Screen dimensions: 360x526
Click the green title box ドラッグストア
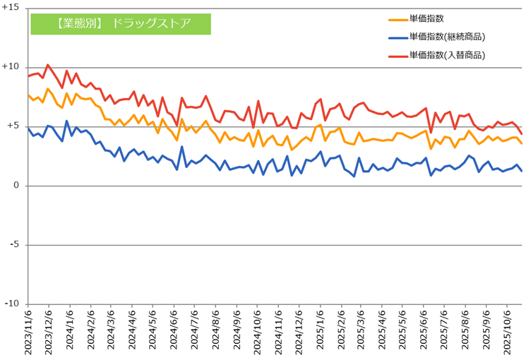click(x=121, y=23)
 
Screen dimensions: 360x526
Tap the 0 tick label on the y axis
click(x=17, y=186)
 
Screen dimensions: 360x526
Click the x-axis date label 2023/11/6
click(x=29, y=332)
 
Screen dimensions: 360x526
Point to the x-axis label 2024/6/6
click(x=173, y=332)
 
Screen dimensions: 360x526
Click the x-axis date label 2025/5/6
click(x=402, y=332)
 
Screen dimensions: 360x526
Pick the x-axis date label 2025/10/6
click(x=506, y=332)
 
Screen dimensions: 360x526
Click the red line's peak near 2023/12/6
click(x=47, y=65)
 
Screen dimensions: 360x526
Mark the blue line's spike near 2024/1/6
click(x=67, y=121)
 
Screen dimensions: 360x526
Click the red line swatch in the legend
click(x=397, y=55)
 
